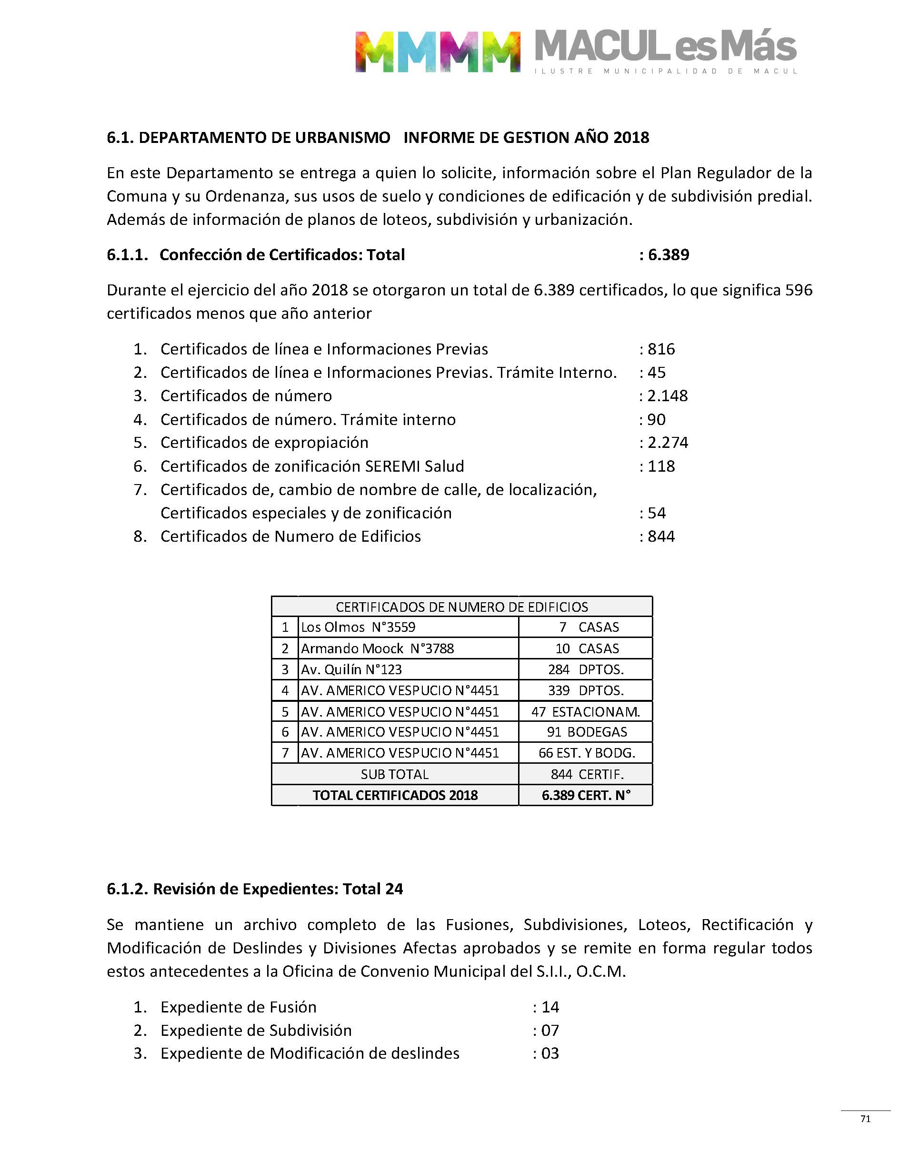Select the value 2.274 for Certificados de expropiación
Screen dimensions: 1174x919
pyautogui.click(x=668, y=443)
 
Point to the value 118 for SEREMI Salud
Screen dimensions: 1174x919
pyautogui.click(x=661, y=466)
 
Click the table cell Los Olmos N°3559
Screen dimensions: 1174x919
pyautogui.click(x=359, y=627)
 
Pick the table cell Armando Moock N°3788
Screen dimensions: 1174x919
pyautogui.click(x=377, y=648)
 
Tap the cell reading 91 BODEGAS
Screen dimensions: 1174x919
pyautogui.click(x=587, y=732)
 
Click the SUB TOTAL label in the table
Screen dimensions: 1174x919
pyautogui.click(x=394, y=774)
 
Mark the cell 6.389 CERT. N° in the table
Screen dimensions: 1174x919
pyautogui.click(x=586, y=795)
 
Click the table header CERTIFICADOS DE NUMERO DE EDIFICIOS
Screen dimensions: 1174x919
pyautogui.click(x=462, y=607)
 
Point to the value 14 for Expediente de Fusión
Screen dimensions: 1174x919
pyautogui.click(x=550, y=1007)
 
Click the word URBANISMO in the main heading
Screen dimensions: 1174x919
pyautogui.click(x=342, y=138)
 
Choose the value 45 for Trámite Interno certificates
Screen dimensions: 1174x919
pyautogui.click(x=657, y=373)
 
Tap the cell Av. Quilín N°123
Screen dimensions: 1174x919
pyautogui.click(x=351, y=669)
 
